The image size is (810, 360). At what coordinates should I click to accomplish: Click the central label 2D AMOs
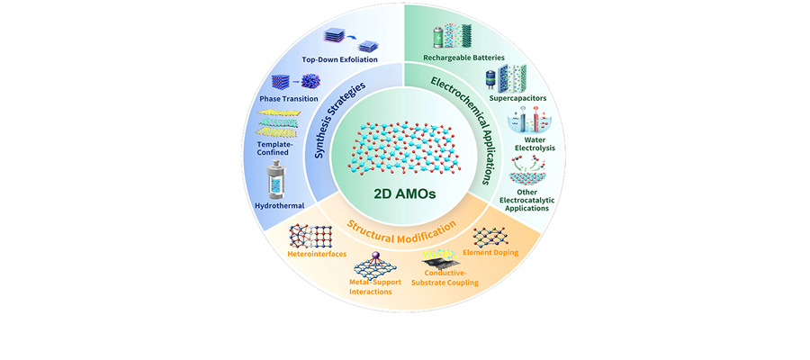[404, 194]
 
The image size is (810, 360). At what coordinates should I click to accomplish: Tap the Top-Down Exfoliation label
[340, 59]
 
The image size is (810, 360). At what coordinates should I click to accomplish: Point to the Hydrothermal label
[280, 205]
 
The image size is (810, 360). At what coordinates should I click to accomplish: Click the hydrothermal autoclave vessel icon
[280, 180]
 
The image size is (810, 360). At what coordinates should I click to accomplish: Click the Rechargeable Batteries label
[463, 58]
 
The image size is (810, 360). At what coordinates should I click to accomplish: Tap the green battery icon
[439, 37]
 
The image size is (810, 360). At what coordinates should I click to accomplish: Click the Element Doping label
[490, 253]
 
